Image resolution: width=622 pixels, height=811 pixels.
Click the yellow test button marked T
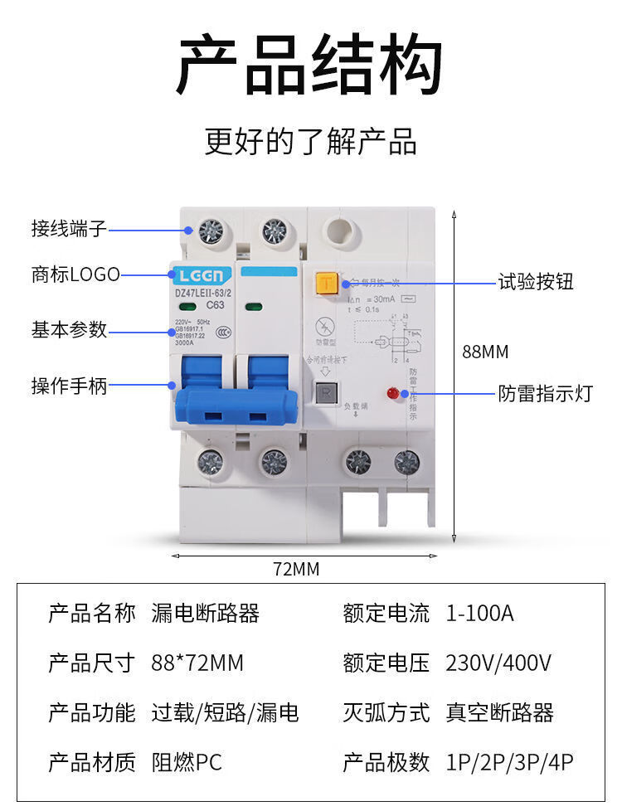coord(325,284)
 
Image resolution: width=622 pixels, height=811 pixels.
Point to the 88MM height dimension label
coord(485,352)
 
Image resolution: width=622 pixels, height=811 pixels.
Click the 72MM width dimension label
coord(296,570)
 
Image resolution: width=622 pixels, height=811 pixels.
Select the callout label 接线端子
coord(69,228)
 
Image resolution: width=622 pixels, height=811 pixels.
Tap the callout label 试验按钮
coord(535,282)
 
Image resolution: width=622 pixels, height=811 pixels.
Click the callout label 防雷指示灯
coord(545,393)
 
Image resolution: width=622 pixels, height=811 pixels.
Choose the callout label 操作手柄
coord(69,386)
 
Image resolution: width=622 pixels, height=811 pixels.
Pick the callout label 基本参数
coord(69,329)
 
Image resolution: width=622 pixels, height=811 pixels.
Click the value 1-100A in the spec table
coord(479,614)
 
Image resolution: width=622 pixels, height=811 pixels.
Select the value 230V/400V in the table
coord(498,663)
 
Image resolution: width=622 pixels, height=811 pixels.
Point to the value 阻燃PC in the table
coord(187,762)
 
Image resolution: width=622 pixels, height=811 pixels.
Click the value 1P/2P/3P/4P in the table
coord(509,762)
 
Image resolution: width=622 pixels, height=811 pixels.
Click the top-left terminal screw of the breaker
coord(211,230)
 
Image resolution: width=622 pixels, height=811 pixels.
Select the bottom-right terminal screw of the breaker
coord(406,461)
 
